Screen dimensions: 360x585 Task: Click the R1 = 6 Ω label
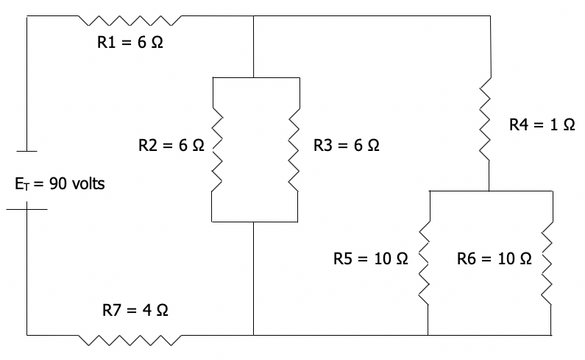tap(130, 43)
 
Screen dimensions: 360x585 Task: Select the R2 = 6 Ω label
tap(171, 146)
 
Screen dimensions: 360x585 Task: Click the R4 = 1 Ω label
tap(542, 125)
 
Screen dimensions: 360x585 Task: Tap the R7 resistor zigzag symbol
tap(130, 339)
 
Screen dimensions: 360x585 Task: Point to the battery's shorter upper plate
tap(27, 152)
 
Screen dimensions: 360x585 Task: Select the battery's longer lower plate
tap(27, 209)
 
